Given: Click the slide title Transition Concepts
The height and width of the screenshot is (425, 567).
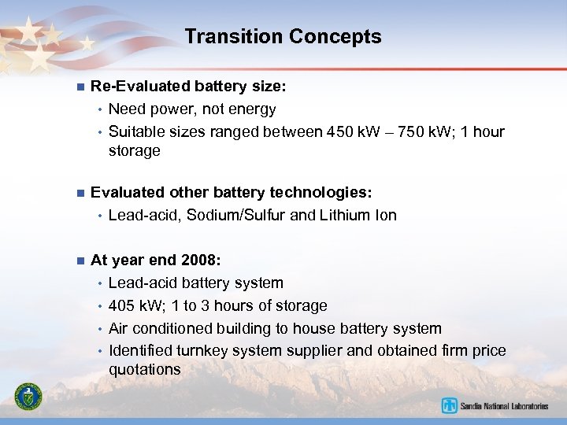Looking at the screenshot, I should click(283, 37).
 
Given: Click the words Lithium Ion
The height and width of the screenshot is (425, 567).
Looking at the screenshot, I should click(358, 215).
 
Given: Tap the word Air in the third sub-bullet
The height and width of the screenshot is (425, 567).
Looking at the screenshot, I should click(120, 328).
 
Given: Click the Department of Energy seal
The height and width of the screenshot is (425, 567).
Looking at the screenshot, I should click(28, 396).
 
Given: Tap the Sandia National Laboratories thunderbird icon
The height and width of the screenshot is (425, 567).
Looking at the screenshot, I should click(450, 406).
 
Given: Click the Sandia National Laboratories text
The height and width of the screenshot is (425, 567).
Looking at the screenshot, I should click(505, 406).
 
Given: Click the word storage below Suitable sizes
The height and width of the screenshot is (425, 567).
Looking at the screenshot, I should click(135, 150).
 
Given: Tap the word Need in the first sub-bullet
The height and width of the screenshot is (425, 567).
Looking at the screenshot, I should click(127, 109).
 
